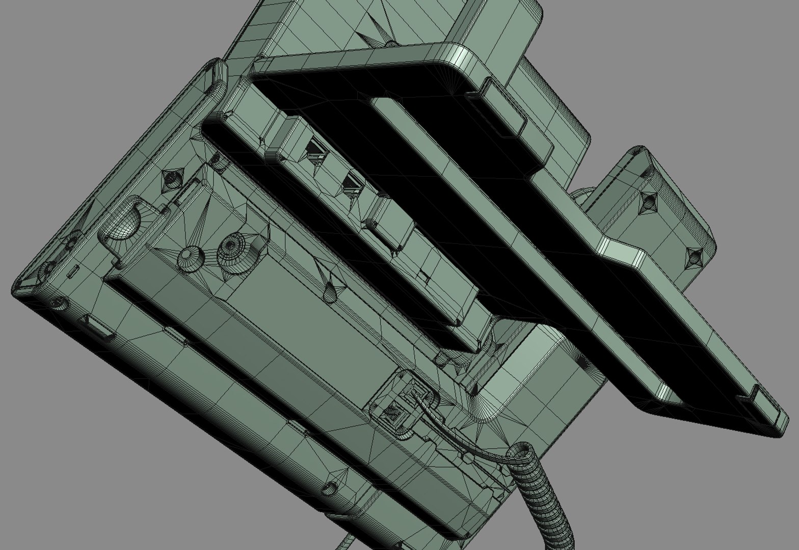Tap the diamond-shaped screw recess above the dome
tap(171, 178)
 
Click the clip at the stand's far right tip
tap(762, 402)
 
